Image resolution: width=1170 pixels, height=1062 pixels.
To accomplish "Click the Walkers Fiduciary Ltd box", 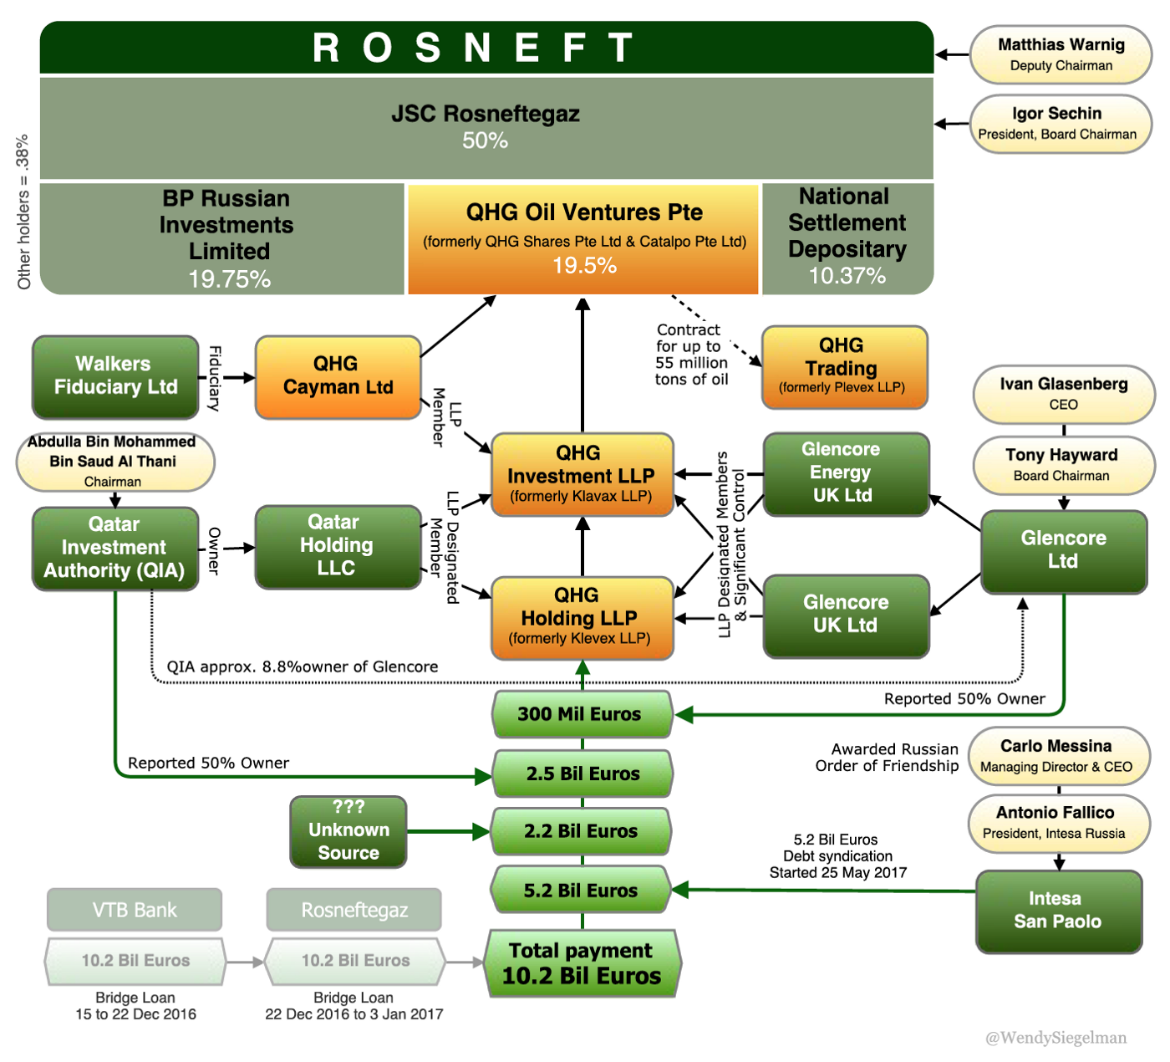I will (115, 376).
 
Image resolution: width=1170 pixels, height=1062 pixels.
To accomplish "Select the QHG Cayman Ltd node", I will (338, 376).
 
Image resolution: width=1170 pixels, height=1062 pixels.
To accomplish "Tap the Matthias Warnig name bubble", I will (1061, 54).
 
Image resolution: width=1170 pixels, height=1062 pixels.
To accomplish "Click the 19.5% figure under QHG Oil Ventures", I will (584, 266).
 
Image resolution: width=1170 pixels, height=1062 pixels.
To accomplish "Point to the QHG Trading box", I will (844, 366).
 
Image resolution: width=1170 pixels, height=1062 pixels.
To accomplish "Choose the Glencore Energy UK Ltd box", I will (845, 473).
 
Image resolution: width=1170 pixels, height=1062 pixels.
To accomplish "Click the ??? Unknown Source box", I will (348, 830).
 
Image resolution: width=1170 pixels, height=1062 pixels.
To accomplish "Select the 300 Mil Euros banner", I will (582, 714).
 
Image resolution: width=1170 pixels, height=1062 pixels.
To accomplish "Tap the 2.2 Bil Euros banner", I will (582, 831).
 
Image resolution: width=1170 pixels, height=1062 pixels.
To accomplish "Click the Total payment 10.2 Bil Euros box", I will (582, 963).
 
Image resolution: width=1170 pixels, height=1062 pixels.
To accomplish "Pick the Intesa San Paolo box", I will (1058, 911).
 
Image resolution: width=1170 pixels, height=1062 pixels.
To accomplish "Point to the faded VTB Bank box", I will (135, 910).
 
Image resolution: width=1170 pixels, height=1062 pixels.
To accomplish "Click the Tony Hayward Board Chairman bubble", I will (1062, 464).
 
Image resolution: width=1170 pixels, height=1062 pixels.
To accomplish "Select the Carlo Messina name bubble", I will (1058, 755).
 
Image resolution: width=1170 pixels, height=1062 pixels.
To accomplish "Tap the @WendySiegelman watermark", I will (1056, 1038).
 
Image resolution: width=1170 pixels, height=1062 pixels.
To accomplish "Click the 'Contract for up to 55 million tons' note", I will (691, 355).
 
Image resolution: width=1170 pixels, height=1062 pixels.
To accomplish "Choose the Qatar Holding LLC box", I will (337, 546).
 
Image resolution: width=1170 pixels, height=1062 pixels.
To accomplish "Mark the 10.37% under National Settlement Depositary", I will (847, 276).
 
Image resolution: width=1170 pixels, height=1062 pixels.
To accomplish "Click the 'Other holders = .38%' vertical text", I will (23, 212).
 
